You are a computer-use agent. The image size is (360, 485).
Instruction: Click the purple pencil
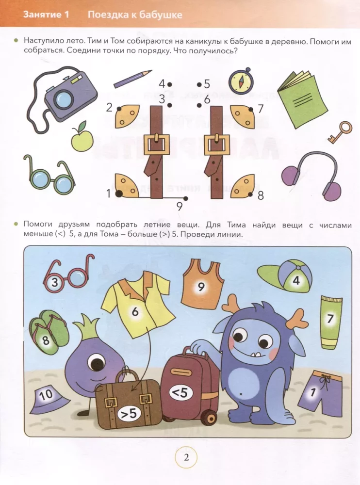tap(132, 79)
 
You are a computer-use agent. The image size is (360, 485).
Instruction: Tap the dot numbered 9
tap(185, 198)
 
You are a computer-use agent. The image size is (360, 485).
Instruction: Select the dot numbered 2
tap(119, 109)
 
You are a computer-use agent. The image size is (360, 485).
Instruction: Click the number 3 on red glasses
tap(54, 282)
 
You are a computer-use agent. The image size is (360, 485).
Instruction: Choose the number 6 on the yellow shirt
tap(135, 311)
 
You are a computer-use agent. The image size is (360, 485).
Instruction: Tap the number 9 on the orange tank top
tap(201, 287)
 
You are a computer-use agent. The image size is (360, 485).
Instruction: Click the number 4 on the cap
tap(296, 280)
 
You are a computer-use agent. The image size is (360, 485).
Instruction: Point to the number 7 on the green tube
tap(330, 319)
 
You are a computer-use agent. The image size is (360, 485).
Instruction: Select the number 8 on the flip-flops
tap(46, 340)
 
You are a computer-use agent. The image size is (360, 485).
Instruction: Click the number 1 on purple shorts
tap(313, 392)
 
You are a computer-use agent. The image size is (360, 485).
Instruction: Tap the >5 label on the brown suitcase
tap(129, 414)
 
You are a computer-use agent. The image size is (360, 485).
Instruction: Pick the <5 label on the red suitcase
tap(180, 392)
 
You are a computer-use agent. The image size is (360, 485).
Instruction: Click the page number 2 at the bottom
tap(186, 457)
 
